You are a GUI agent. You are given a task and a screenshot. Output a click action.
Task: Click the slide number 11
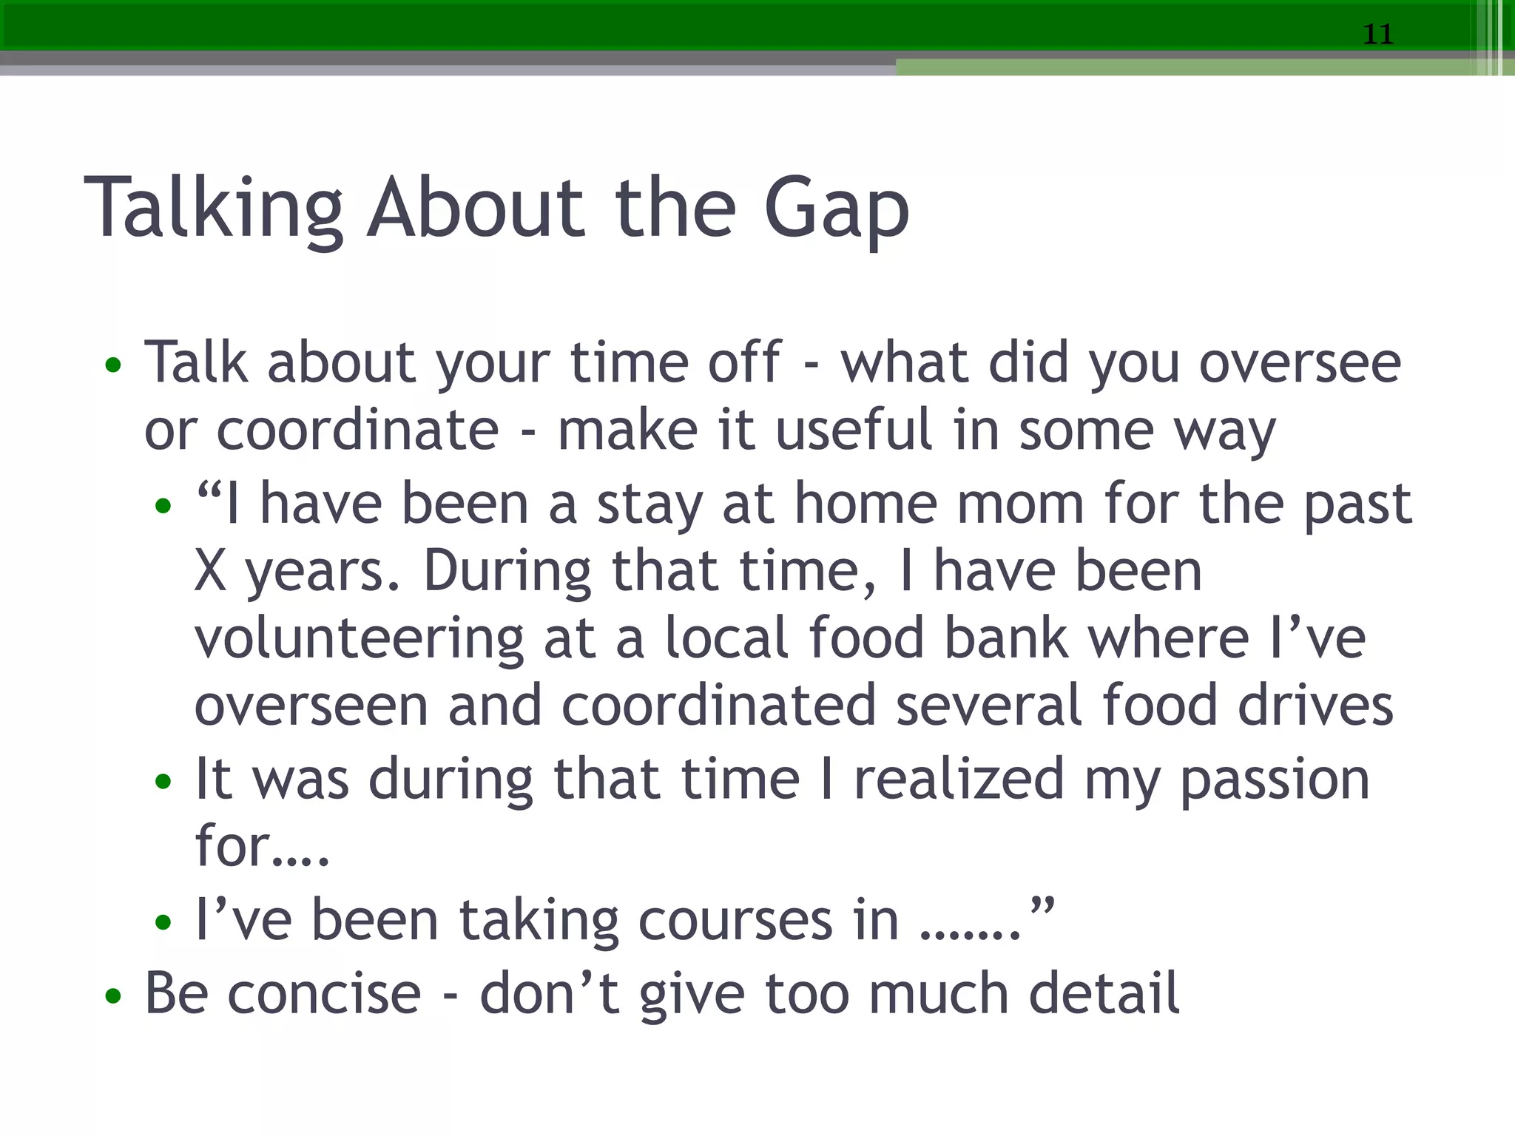[x=1377, y=34]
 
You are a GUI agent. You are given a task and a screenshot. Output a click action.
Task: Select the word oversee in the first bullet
[x=1300, y=363]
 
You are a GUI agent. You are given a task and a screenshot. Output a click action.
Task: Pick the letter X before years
[x=210, y=571]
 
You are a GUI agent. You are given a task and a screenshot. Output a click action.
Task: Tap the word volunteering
[x=359, y=638]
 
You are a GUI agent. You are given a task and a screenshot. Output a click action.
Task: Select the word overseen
[x=311, y=706]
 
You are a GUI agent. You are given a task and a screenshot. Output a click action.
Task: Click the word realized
[x=959, y=780]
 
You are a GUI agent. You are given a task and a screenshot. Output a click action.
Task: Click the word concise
[x=324, y=994]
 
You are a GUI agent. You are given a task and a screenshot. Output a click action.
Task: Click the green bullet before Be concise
[x=112, y=995]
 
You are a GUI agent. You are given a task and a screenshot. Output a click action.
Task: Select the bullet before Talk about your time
[x=112, y=365]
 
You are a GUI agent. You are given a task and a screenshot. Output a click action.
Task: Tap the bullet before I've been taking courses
[x=163, y=922]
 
